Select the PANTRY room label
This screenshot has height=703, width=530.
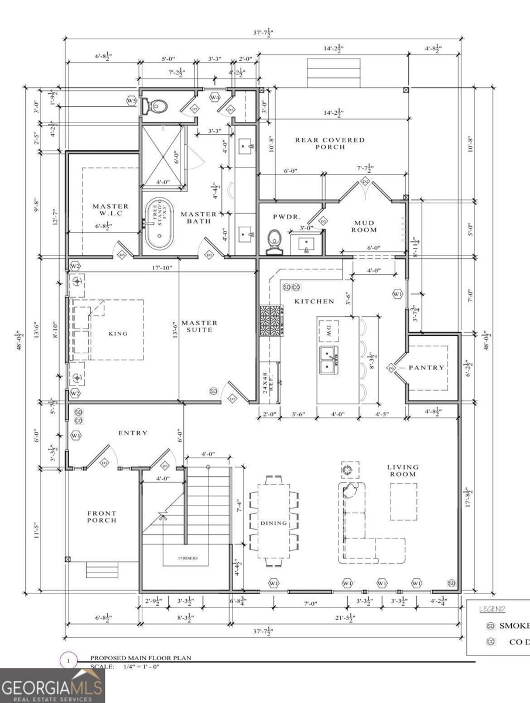427,367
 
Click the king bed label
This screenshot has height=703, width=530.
118,333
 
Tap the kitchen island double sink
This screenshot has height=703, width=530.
328,359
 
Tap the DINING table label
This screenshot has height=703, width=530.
273,523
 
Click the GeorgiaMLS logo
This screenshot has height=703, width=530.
53,685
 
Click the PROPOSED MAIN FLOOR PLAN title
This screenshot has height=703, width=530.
141,658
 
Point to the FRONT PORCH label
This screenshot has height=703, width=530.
102,516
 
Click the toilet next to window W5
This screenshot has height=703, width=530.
158,106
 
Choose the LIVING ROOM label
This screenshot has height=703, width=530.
403,470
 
